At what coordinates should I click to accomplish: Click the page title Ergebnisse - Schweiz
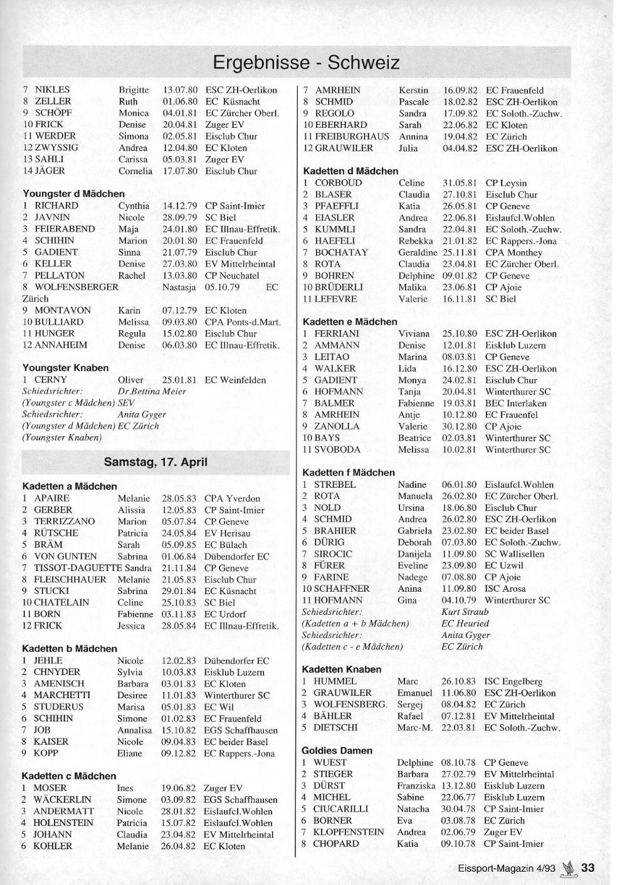[x=306, y=63]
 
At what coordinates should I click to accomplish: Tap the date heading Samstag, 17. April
[x=155, y=463]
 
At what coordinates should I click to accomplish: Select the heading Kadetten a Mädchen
[x=70, y=486]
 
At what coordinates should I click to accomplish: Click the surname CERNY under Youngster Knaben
[x=51, y=380]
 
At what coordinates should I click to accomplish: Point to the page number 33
[x=587, y=867]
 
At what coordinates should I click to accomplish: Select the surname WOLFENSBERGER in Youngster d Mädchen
[x=76, y=287]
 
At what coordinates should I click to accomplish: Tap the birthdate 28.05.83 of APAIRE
[x=179, y=498]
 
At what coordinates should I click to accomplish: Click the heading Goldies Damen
[x=337, y=750]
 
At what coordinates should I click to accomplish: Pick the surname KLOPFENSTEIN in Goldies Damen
[x=349, y=832]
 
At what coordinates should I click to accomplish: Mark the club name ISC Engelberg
[x=514, y=681]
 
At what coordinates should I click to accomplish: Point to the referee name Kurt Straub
[x=465, y=612]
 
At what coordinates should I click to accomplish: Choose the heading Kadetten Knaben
[x=341, y=669]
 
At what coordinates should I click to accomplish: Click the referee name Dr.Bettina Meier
[x=152, y=392]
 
